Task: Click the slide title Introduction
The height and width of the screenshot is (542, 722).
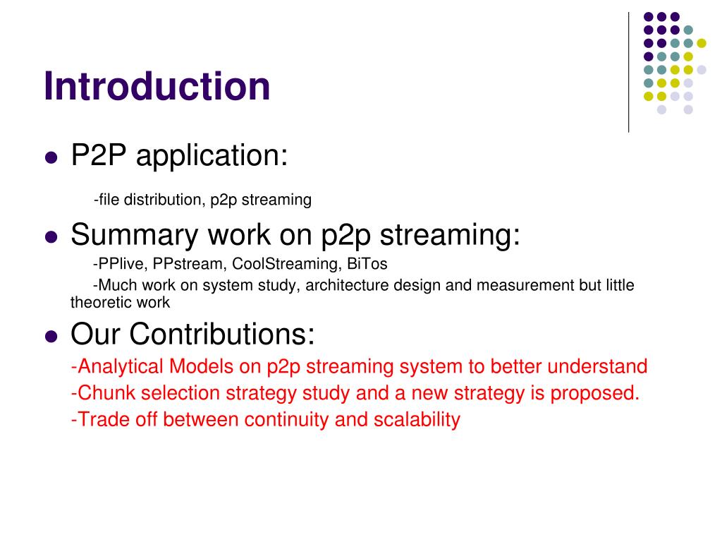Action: tap(157, 86)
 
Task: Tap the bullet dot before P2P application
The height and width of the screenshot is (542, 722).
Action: tap(51, 158)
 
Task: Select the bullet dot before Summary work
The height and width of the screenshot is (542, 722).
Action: tap(51, 237)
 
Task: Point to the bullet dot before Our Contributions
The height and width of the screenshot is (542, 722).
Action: tap(51, 336)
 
